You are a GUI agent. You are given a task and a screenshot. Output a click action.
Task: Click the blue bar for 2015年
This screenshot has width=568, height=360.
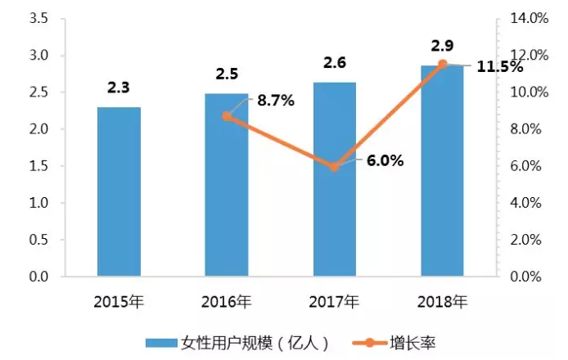(x=119, y=192)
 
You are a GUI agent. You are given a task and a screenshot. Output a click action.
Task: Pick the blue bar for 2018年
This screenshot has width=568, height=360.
(x=442, y=171)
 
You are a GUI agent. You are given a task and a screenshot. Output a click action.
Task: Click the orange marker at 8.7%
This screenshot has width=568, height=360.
(x=227, y=116)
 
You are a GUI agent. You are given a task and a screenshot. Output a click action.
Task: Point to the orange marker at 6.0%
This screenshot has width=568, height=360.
(x=334, y=167)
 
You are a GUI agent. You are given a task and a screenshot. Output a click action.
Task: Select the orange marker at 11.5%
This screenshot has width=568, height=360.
(x=442, y=64)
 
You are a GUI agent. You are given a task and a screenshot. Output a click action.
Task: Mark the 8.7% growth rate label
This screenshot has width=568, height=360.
(x=275, y=101)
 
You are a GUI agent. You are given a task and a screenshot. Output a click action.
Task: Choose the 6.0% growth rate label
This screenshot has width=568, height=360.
(x=385, y=161)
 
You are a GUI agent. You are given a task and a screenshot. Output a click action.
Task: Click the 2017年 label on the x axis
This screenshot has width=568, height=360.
(x=334, y=301)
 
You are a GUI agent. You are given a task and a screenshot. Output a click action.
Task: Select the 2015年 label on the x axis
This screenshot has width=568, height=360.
(x=119, y=301)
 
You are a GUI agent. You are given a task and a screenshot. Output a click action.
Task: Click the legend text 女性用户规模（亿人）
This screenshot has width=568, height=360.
(x=242, y=340)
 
